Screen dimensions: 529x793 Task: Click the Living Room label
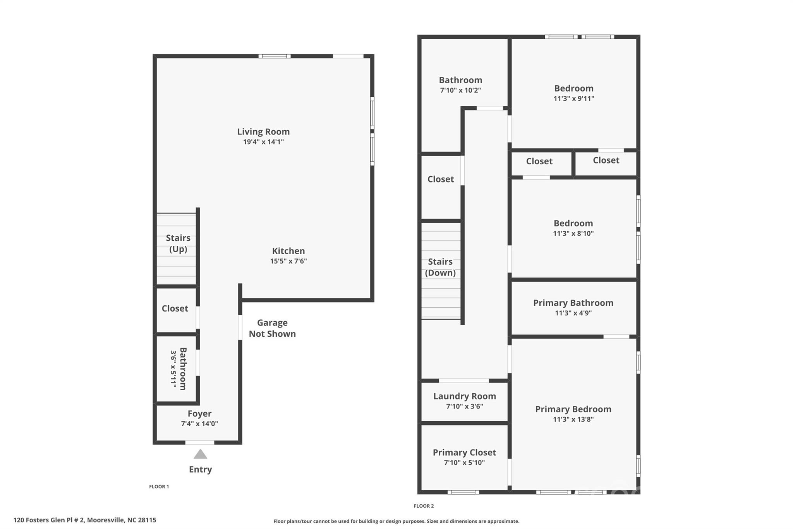[x=263, y=132]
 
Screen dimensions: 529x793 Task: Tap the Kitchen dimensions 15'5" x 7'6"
[x=288, y=261]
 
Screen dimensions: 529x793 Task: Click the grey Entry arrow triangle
[x=200, y=454]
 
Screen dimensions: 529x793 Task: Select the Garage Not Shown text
[x=272, y=328]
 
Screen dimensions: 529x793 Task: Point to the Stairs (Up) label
[x=178, y=243]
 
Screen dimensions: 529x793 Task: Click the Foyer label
[x=199, y=414]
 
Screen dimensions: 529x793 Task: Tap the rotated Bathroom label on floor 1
[x=183, y=369]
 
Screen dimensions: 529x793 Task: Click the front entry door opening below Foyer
[x=199, y=443]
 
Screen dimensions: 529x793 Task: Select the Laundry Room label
[x=464, y=396]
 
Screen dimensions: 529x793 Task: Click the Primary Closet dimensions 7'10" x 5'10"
[x=464, y=463]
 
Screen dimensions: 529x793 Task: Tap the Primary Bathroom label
[x=573, y=303]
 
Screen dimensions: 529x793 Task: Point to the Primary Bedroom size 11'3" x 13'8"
[x=573, y=419]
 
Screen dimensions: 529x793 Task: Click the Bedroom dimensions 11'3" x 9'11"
[x=573, y=98]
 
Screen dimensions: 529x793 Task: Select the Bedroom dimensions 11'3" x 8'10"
[x=573, y=233]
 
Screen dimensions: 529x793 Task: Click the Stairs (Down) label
[x=440, y=267]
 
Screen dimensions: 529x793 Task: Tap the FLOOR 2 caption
[x=424, y=506]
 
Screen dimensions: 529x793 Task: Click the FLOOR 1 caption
[x=159, y=487]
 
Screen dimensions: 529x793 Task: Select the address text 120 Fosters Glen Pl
[x=85, y=520]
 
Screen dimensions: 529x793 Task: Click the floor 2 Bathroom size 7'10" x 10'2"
[x=460, y=90]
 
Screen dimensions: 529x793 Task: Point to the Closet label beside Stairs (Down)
[x=441, y=179]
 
